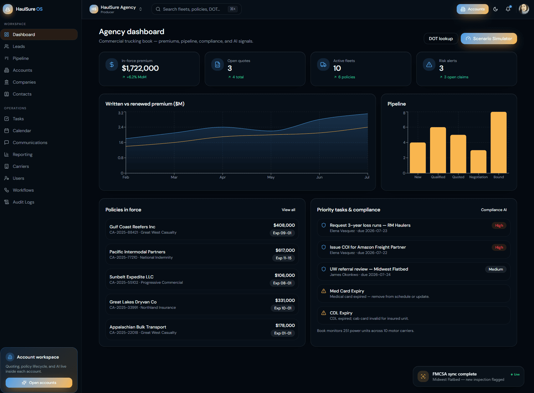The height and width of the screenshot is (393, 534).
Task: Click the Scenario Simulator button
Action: click(489, 39)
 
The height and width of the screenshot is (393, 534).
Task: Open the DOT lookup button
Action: click(440, 39)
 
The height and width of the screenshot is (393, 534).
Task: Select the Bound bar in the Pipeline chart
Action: click(499, 142)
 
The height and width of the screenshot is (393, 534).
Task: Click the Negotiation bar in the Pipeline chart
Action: click(478, 162)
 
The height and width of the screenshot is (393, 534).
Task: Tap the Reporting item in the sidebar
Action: click(23, 154)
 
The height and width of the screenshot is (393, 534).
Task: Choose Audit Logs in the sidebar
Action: click(23, 202)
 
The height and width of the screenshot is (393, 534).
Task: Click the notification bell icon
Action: click(508, 9)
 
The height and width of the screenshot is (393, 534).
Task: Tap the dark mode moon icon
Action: click(495, 9)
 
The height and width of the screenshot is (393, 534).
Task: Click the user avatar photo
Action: click(524, 9)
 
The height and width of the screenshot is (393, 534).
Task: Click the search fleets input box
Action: click(196, 9)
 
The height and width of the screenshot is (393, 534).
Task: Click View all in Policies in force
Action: click(288, 209)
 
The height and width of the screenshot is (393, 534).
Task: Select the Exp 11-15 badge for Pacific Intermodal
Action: click(284, 258)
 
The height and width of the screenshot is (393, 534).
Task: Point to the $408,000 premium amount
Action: click(284, 225)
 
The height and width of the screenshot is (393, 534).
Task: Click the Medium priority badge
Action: click(495, 269)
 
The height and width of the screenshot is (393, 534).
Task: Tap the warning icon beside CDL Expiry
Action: click(324, 313)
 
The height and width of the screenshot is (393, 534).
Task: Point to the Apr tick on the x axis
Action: click(223, 177)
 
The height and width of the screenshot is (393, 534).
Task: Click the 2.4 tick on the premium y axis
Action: click(121, 127)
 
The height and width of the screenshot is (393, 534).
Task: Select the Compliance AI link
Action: click(494, 209)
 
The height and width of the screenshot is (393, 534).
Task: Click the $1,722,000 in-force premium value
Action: click(140, 68)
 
